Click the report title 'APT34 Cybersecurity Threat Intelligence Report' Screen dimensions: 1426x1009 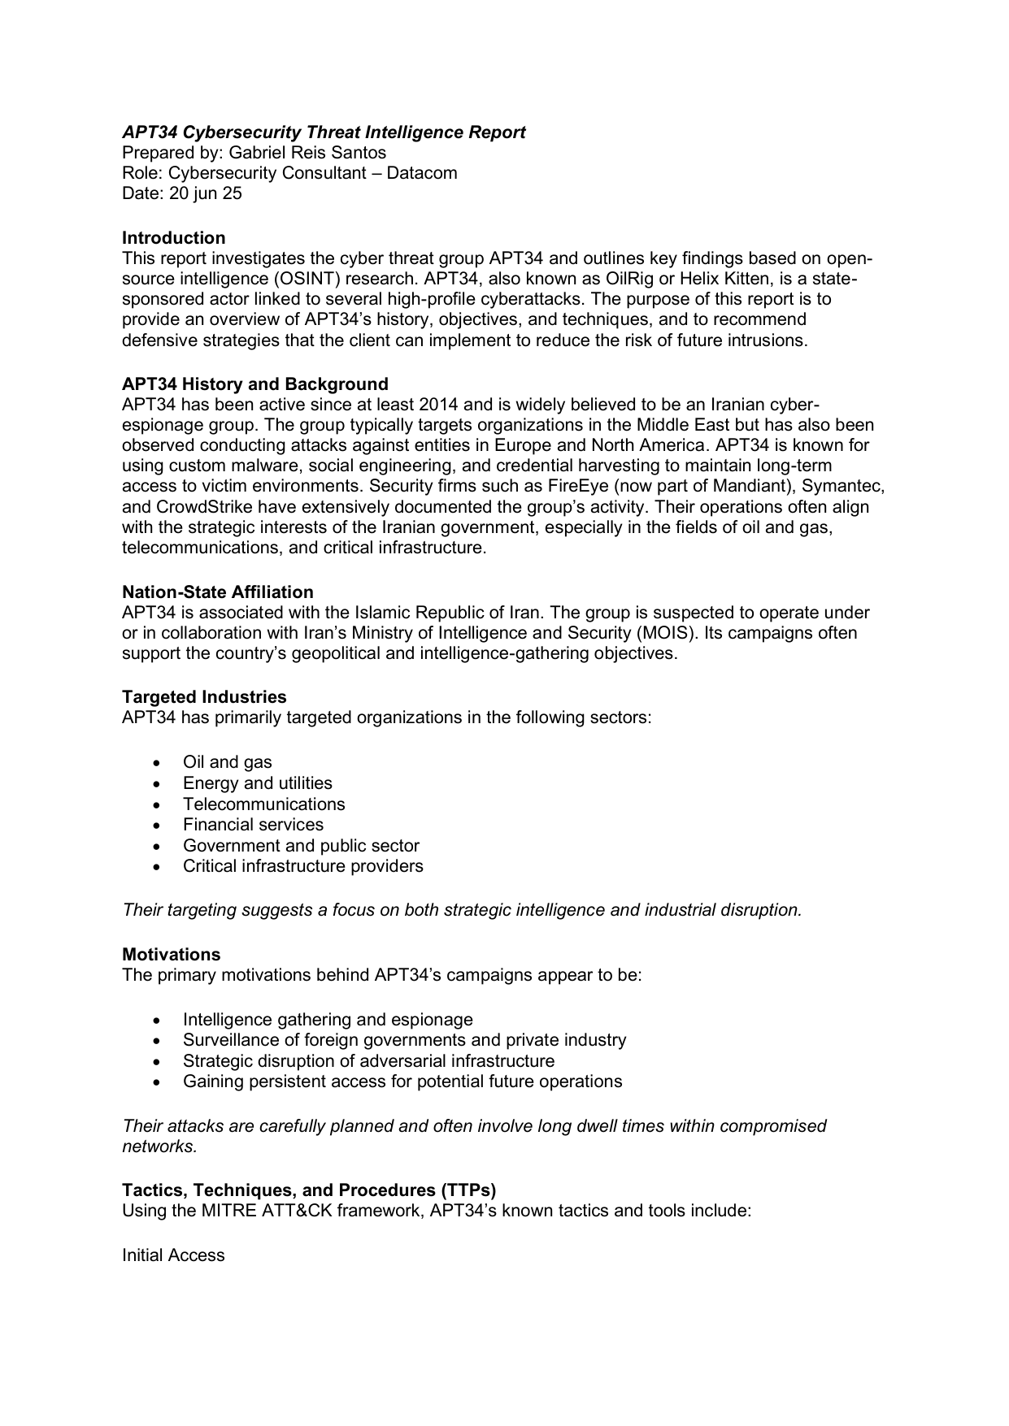pyautogui.click(x=324, y=132)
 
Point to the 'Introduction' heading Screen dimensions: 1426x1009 pyautogui.click(x=173, y=238)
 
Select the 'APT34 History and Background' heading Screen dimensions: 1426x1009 pyautogui.click(x=254, y=384)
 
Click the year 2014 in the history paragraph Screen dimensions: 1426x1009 pyautogui.click(x=438, y=405)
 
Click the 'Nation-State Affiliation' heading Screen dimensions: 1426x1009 pyautogui.click(x=217, y=592)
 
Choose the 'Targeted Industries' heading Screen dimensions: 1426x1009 pyautogui.click(x=204, y=697)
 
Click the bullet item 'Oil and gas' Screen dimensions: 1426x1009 pyautogui.click(x=227, y=762)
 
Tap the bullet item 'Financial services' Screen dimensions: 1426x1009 pyautogui.click(x=253, y=825)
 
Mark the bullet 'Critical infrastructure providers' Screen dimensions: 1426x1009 pyautogui.click(x=302, y=866)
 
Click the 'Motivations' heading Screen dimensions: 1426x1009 pyautogui.click(x=171, y=955)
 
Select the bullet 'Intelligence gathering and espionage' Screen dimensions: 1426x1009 pyautogui.click(x=328, y=1020)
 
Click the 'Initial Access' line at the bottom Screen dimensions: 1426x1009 pyautogui.click(x=173, y=1255)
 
